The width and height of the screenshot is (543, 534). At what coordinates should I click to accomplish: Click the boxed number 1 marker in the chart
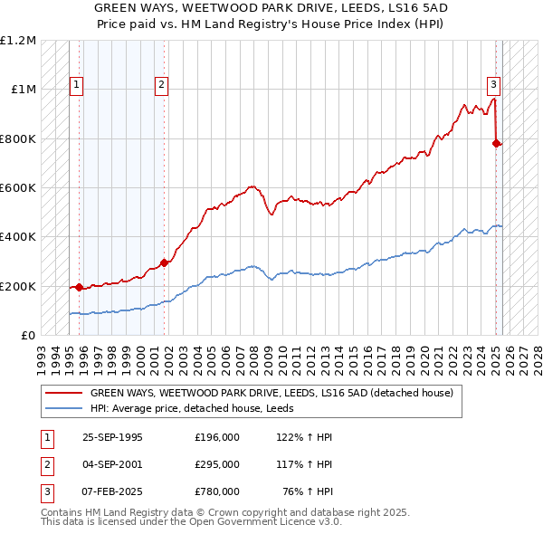[77, 86]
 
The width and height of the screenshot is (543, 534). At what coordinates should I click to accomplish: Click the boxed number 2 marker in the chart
[161, 86]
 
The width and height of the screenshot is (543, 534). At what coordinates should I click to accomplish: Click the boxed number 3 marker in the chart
[494, 86]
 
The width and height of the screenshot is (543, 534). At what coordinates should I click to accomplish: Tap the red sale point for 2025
[497, 143]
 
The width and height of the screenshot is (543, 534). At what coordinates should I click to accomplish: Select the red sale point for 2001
[165, 262]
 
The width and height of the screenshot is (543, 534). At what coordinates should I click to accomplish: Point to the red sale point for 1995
[80, 287]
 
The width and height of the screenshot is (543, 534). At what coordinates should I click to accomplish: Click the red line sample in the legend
[62, 393]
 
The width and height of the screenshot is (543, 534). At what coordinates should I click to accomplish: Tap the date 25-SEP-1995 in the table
[112, 438]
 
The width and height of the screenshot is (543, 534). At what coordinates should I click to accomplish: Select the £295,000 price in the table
[217, 464]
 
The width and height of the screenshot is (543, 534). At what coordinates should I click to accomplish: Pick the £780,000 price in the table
[217, 491]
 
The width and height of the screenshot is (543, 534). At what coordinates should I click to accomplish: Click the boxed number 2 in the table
[45, 464]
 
